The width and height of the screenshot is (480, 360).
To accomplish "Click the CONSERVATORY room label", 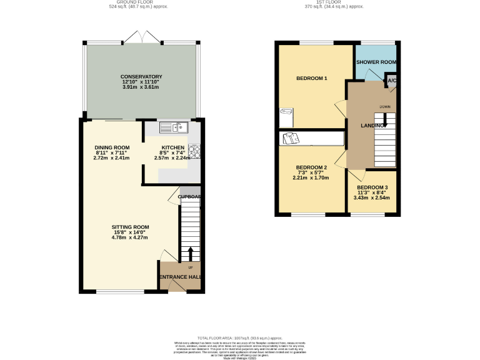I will [x=141, y=76].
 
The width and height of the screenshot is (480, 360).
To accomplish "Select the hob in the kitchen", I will [x=194, y=150].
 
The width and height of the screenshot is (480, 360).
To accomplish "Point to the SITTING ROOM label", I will [x=130, y=227].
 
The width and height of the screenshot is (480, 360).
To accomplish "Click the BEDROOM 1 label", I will [x=312, y=78].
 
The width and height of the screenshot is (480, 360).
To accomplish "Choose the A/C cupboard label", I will [x=392, y=81].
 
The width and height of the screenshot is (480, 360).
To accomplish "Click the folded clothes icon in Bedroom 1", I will [x=287, y=112].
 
